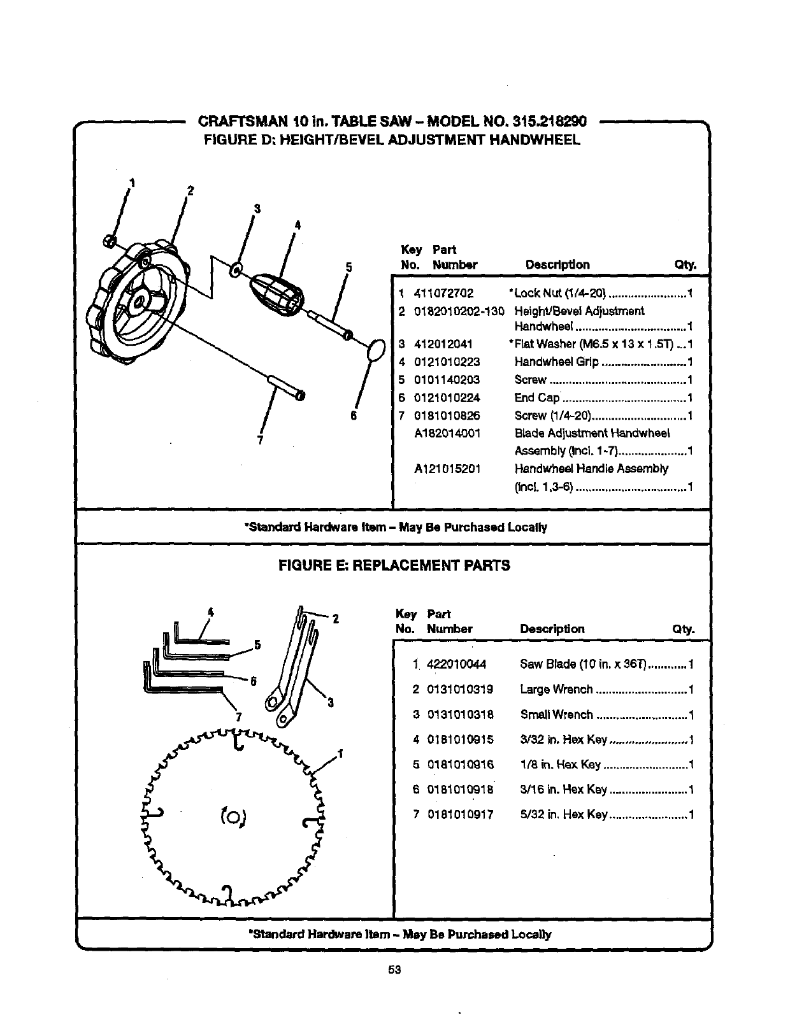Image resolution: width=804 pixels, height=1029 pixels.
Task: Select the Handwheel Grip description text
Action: click(x=556, y=362)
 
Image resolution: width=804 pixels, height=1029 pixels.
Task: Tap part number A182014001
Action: click(x=447, y=434)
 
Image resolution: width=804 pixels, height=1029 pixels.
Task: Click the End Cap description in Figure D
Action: click(x=536, y=398)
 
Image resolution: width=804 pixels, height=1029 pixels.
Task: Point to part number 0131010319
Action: click(x=460, y=690)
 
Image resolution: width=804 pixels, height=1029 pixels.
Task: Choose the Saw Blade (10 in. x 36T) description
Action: click(x=583, y=665)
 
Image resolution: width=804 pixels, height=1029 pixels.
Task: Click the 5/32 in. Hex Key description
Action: click(x=563, y=814)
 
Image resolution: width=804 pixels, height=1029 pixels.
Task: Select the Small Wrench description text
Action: click(x=556, y=714)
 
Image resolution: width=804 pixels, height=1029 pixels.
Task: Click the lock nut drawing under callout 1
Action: click(x=109, y=241)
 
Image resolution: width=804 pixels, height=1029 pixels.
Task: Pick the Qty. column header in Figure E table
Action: click(x=682, y=629)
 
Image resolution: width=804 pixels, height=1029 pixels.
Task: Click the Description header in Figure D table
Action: click(x=557, y=265)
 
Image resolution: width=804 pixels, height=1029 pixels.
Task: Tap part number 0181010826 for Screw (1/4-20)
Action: click(x=447, y=416)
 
